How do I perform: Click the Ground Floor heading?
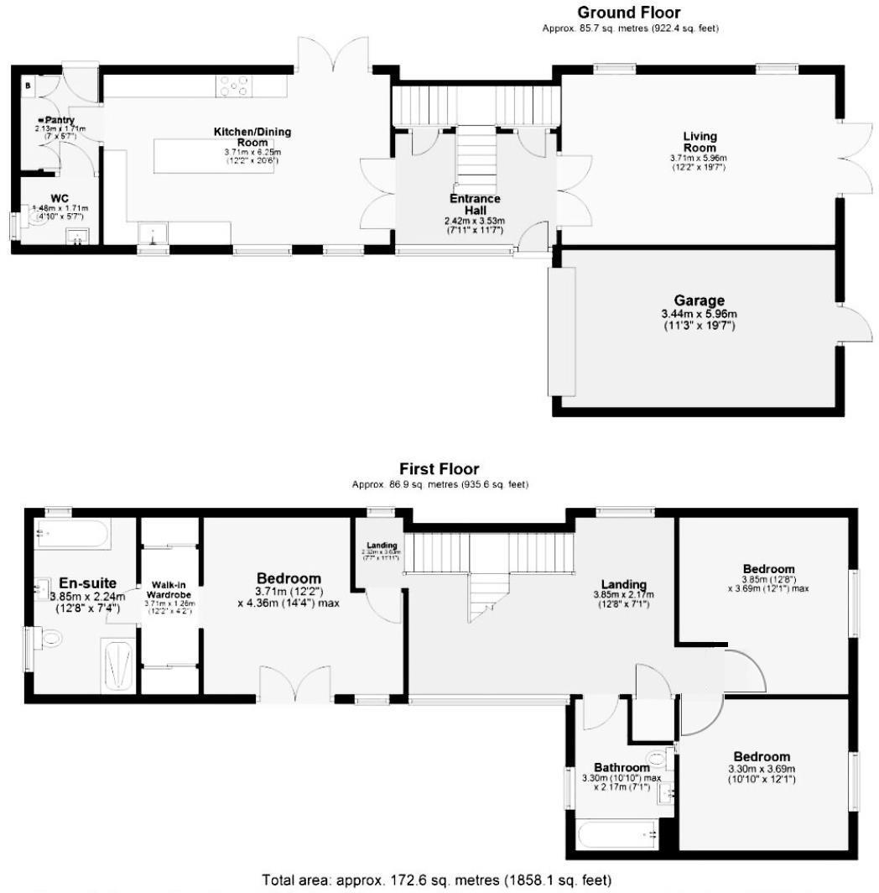point(628,13)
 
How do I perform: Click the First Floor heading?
point(439,469)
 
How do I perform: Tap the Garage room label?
point(699,301)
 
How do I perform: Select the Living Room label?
point(700,142)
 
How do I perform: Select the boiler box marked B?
point(29,85)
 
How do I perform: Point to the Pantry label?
point(59,120)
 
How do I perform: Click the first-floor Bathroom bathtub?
point(618,835)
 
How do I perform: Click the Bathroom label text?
point(622,767)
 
